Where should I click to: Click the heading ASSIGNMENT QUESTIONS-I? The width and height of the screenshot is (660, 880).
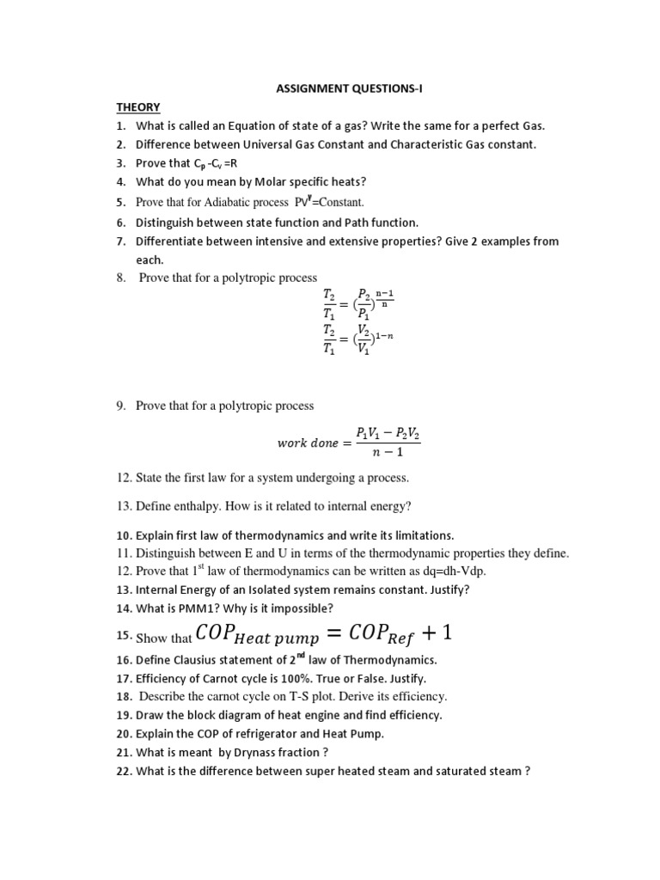click(x=329, y=89)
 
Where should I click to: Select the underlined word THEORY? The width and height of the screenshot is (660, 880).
click(x=138, y=107)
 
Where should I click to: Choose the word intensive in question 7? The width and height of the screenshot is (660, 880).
click(x=273, y=241)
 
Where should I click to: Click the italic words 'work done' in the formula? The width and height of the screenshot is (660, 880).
click(x=309, y=443)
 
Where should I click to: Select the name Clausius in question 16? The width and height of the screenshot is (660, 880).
click(x=199, y=659)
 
